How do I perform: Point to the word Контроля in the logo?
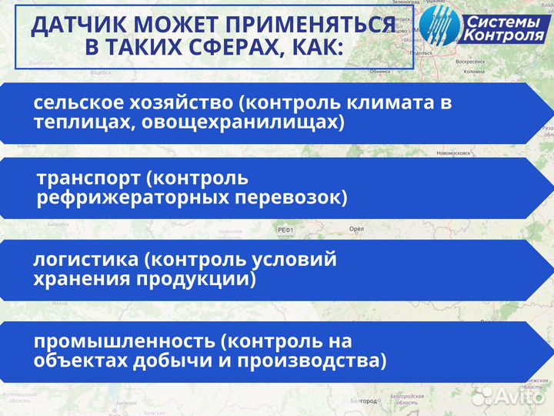(x=503, y=36)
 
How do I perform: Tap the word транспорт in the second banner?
(x=85, y=179)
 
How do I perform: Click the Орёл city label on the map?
(x=356, y=229)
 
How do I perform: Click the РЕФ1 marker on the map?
(x=286, y=230)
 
